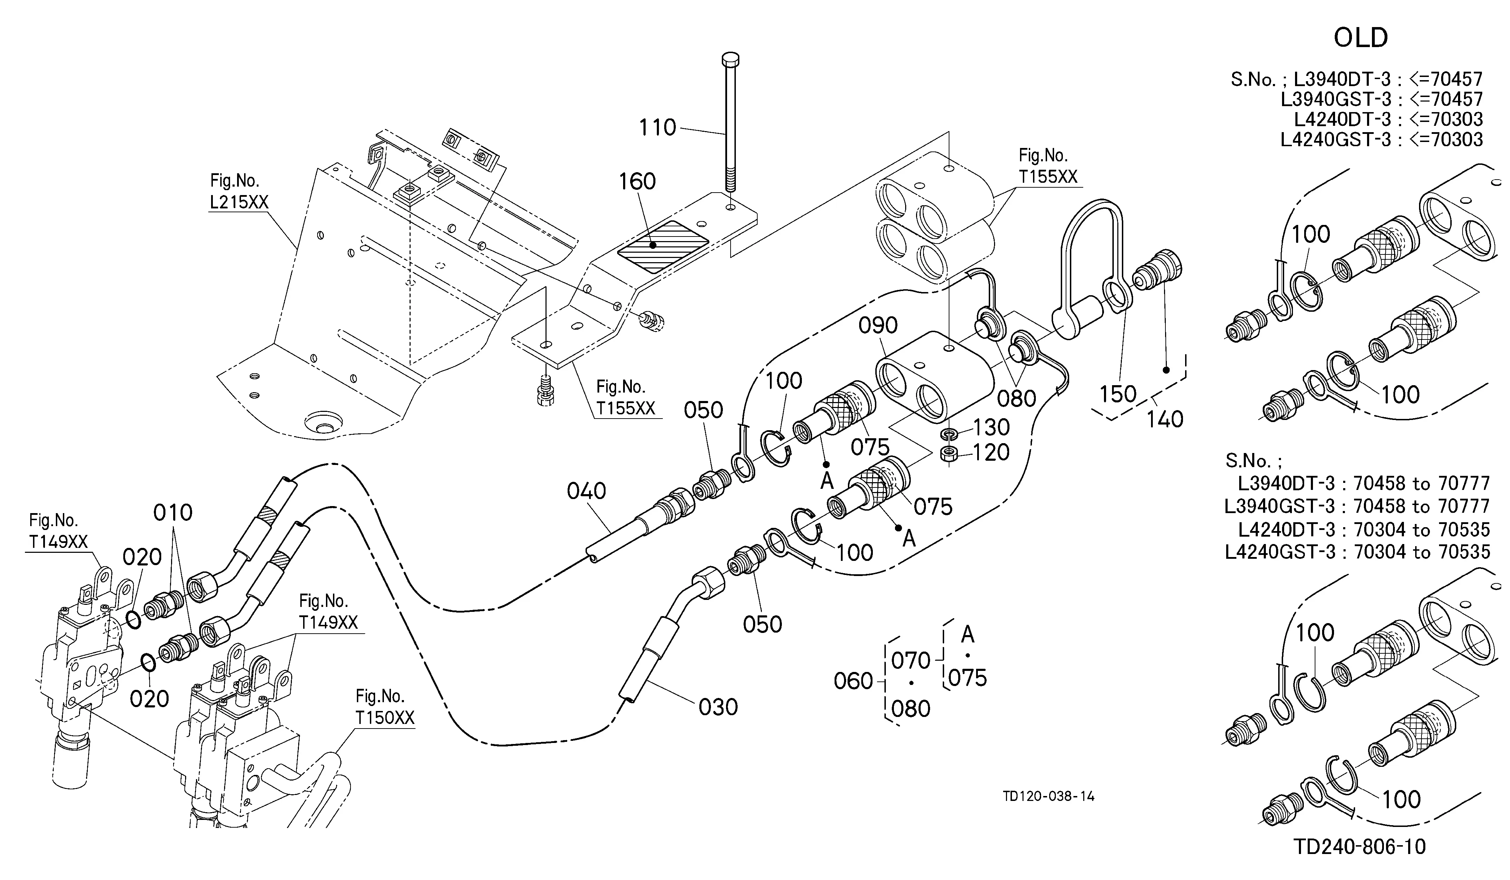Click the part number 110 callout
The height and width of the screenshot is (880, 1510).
pyautogui.click(x=657, y=127)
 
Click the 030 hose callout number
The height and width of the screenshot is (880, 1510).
pyautogui.click(x=718, y=708)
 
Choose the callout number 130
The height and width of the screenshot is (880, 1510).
pyautogui.click(x=991, y=427)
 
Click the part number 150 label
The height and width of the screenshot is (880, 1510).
pyautogui.click(x=1118, y=394)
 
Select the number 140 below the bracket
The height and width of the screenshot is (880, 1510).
pyautogui.click(x=1165, y=419)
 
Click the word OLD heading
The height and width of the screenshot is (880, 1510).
pyautogui.click(x=1361, y=38)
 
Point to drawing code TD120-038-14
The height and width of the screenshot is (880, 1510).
pyautogui.click(x=1048, y=797)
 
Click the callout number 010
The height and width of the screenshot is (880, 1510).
pyautogui.click(x=172, y=512)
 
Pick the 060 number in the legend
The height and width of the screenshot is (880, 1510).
pyautogui.click(x=853, y=681)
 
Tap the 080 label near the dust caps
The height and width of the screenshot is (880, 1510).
pyautogui.click(x=1017, y=399)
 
